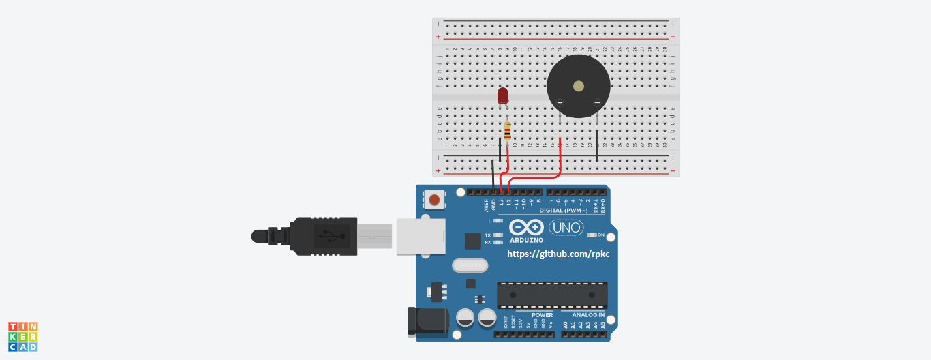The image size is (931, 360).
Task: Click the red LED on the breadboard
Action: [x=503, y=95]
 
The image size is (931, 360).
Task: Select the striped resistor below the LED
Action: [x=507, y=130]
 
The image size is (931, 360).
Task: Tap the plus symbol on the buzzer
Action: [x=560, y=103]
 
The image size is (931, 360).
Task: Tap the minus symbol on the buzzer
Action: [x=597, y=103]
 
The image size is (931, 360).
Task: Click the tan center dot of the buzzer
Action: [x=579, y=86]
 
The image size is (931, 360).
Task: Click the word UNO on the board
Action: [x=566, y=228]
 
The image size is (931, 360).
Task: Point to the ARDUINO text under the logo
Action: [x=526, y=240]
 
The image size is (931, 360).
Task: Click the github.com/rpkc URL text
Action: [x=558, y=254]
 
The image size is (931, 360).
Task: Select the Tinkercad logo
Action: [x=22, y=337]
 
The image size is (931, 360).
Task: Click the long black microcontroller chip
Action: [x=551, y=295]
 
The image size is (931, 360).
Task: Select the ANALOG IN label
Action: [x=587, y=315]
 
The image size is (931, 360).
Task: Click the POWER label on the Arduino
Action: [x=543, y=315]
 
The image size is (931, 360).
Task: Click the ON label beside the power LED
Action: [x=600, y=235]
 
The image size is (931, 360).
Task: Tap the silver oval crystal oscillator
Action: [x=470, y=265]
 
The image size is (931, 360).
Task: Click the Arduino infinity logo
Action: [x=526, y=228]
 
